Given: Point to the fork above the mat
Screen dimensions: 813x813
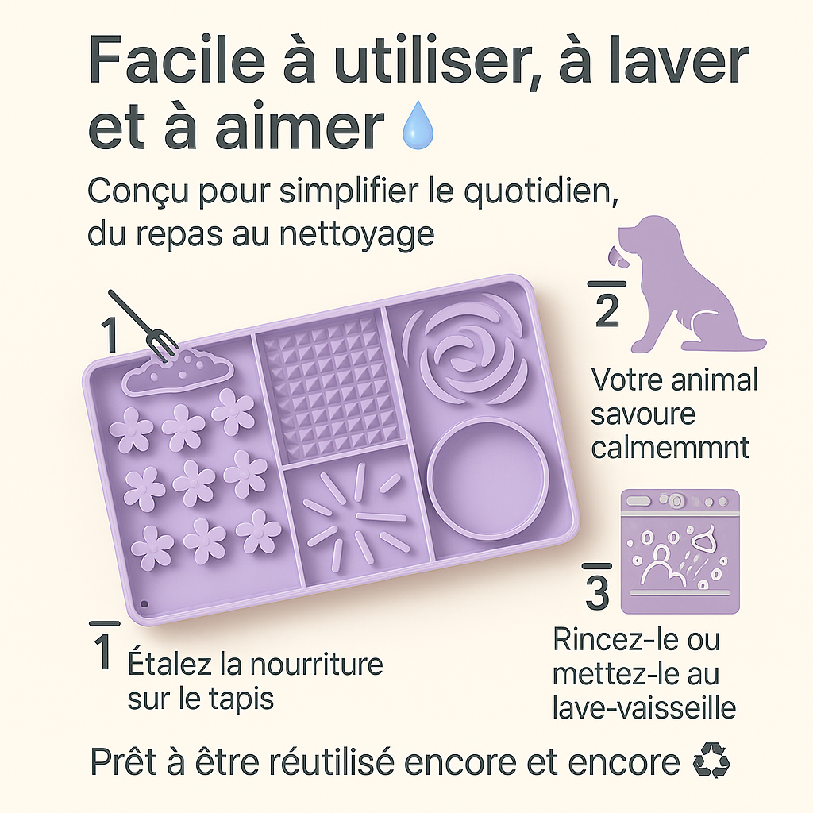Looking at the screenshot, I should [x=143, y=327].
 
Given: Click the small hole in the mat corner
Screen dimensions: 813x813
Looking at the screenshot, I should [x=144, y=604].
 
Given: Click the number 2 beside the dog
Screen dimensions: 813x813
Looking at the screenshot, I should [x=607, y=310].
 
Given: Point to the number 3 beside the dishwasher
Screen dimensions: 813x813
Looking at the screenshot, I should [x=598, y=591].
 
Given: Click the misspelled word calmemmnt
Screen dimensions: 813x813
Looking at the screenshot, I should [x=670, y=447].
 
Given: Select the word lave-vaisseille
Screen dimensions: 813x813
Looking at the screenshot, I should [x=644, y=707].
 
